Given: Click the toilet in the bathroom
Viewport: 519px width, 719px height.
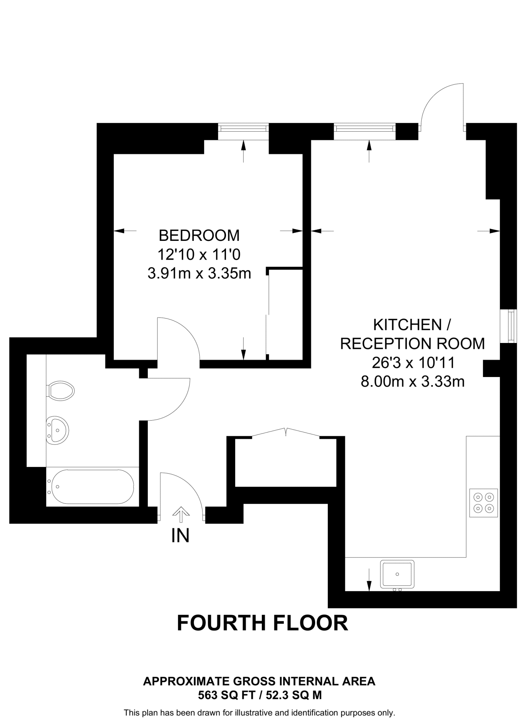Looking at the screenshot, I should [61, 390].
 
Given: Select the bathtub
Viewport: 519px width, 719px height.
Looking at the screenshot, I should [92, 487].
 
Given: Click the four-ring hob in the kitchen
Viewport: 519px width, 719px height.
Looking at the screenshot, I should [484, 503].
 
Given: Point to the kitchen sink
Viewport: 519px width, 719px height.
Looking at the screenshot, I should [397, 574].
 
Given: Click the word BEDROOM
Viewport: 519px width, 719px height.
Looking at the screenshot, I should [199, 236].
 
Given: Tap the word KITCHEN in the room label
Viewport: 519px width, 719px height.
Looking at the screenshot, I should [407, 325].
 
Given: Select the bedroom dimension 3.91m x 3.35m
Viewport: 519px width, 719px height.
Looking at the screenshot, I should [199, 273].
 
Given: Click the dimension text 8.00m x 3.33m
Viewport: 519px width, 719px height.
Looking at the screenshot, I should [412, 381].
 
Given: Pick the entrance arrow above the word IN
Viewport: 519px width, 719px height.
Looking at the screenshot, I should [181, 515].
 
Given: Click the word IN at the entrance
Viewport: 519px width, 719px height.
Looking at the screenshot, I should [180, 536].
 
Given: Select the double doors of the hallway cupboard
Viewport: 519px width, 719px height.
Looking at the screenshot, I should [286, 433].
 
